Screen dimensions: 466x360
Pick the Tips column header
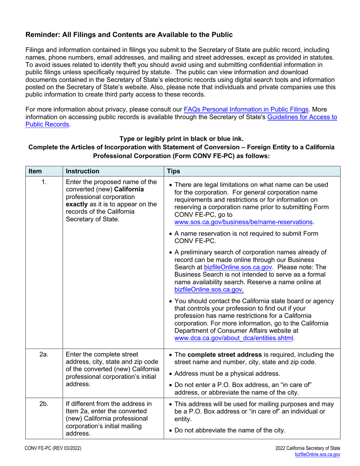point(174,171)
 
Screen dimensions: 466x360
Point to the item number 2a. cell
point(44,355)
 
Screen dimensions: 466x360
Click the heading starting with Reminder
point(129,35)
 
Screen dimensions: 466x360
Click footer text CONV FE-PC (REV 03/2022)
point(53,449)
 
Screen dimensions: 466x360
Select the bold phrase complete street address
point(224,355)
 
